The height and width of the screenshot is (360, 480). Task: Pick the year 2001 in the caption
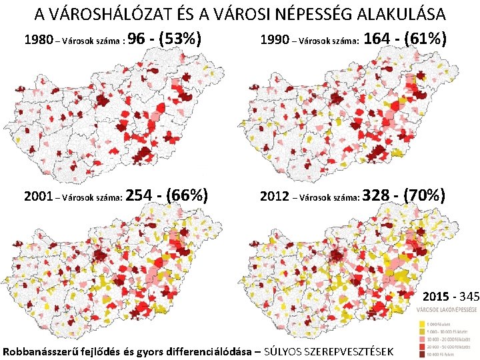(x=38, y=197)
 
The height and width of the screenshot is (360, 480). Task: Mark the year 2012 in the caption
(x=275, y=197)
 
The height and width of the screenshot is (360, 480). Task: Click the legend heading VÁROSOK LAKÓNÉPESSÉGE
(x=447, y=310)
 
